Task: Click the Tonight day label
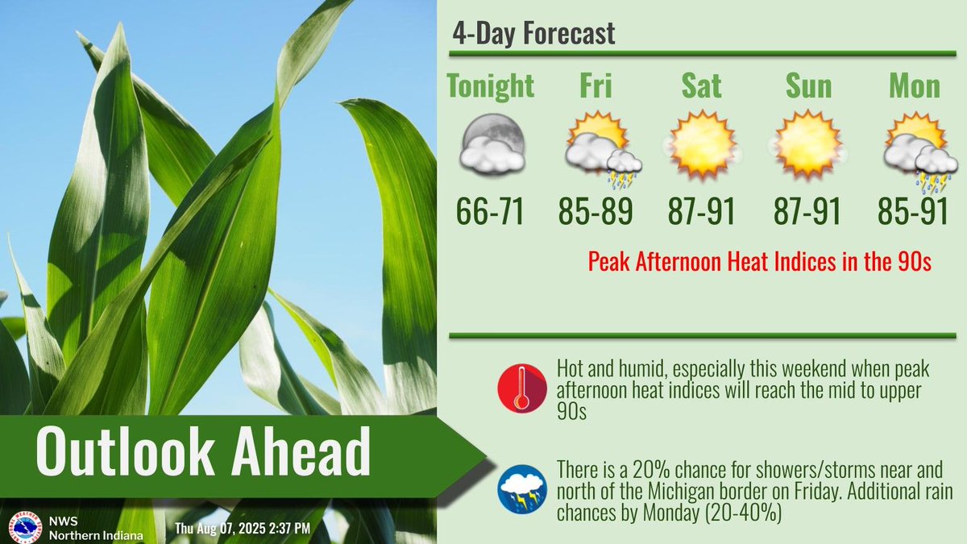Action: pos(491,85)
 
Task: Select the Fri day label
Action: pos(596,85)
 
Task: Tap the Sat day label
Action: pos(700,85)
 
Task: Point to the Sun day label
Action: pos(808,85)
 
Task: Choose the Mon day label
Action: pos(915,85)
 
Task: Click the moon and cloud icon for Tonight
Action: pos(491,145)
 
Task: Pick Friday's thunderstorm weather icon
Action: pos(600,147)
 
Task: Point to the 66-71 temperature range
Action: pos(491,212)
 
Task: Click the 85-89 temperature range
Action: pos(596,212)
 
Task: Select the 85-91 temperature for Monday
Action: pos(915,212)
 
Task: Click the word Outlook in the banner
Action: pos(122,452)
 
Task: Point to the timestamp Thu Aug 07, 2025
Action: pos(242,529)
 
